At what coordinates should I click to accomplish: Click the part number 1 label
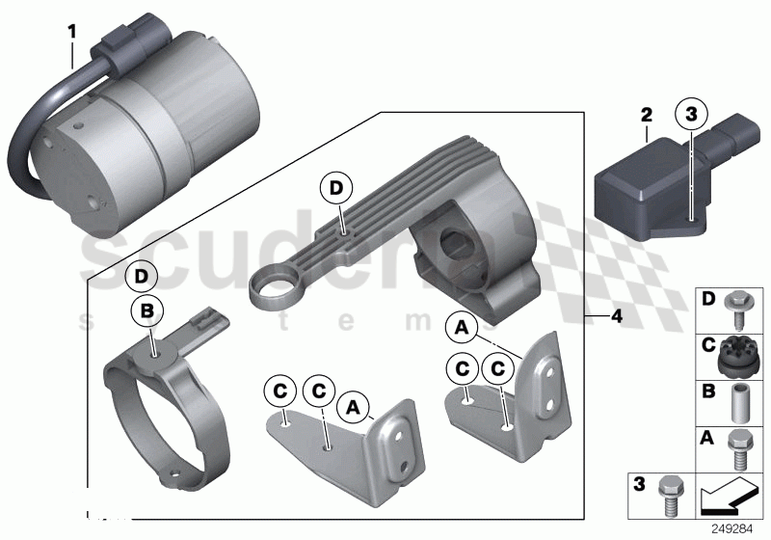coord(70,31)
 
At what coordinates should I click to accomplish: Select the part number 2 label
coord(647,115)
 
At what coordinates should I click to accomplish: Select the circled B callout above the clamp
coord(147,312)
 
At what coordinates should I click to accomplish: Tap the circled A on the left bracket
coord(353,411)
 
